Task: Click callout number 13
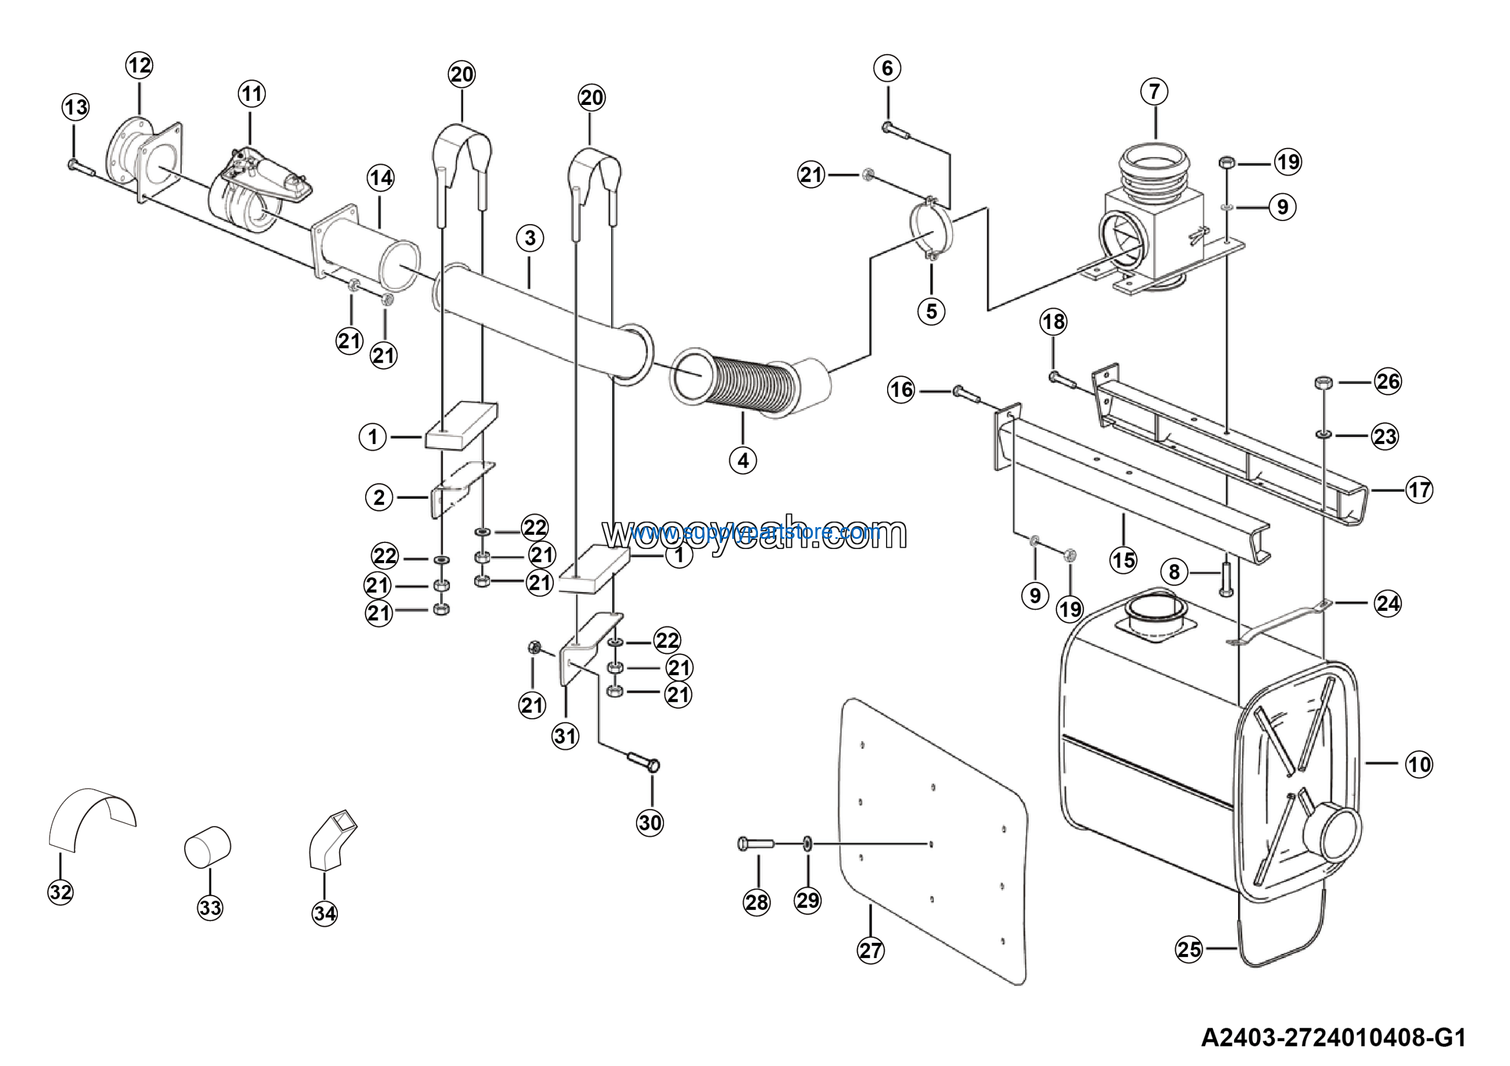pos(75,107)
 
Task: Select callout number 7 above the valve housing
pos(1154,91)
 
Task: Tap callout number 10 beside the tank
pos(1419,764)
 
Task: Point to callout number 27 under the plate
pos(871,950)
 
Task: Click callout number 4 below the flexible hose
pos(743,460)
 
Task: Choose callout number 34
pos(325,913)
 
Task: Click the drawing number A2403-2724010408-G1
pos(1333,1038)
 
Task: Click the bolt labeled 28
pos(756,843)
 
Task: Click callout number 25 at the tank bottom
pos(1189,949)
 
